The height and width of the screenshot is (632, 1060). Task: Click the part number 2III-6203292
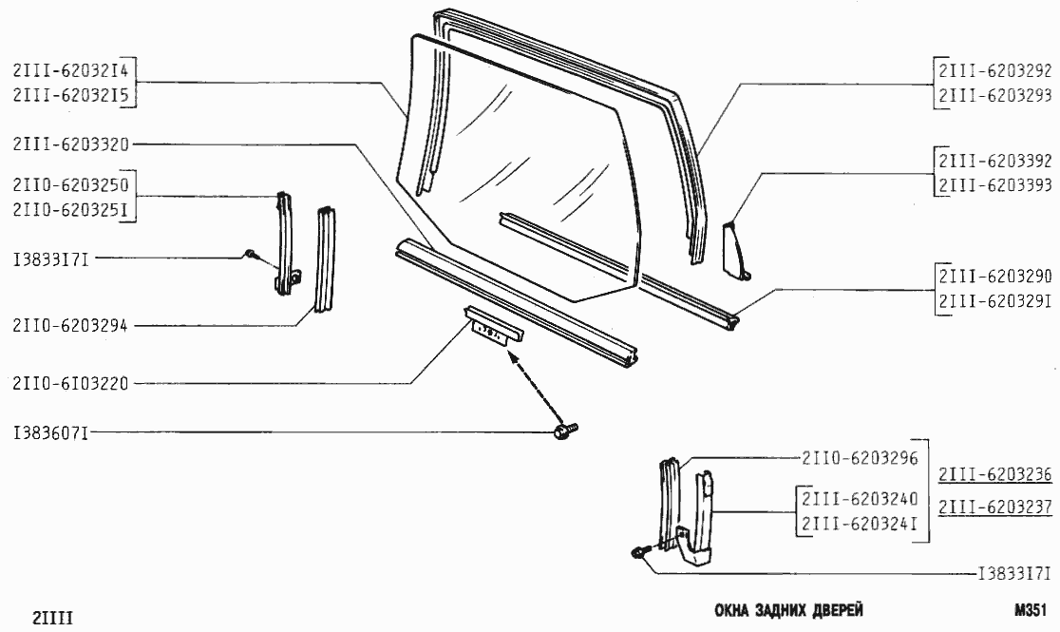pyautogui.click(x=994, y=71)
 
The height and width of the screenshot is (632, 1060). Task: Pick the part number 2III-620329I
pyautogui.click(x=994, y=300)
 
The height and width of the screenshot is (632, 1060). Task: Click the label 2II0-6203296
pyautogui.click(x=859, y=458)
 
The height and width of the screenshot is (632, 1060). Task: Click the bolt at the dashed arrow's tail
pyautogui.click(x=563, y=433)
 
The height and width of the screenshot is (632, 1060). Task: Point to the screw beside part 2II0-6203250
pyautogui.click(x=249, y=255)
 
